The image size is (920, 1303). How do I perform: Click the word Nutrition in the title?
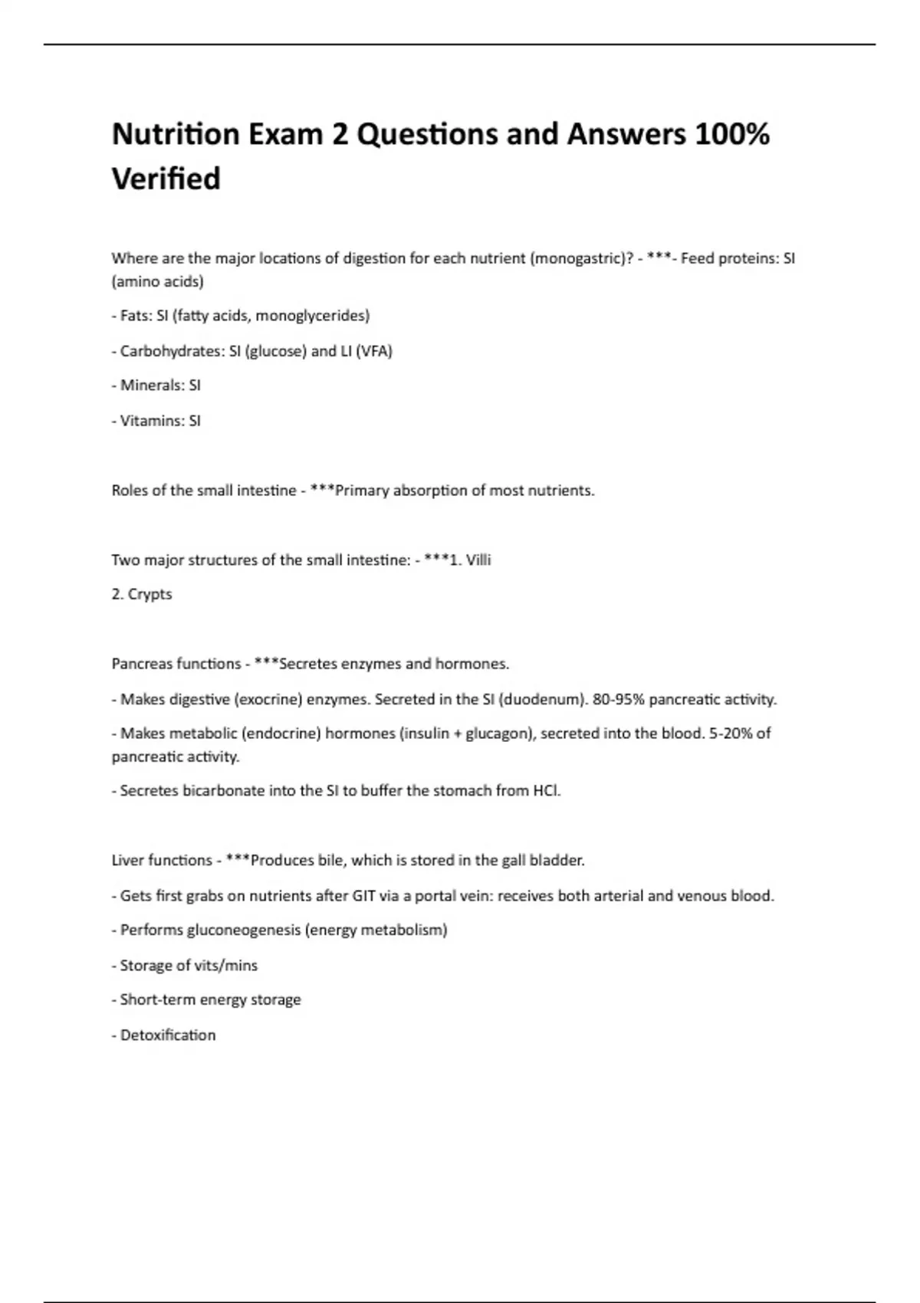[175, 134]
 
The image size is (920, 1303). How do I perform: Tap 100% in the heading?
[731, 134]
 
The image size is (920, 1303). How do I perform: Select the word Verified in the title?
[166, 179]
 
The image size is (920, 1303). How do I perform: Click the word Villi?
[478, 560]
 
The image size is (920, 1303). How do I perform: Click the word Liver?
[127, 861]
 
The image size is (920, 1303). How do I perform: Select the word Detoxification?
[168, 1035]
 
